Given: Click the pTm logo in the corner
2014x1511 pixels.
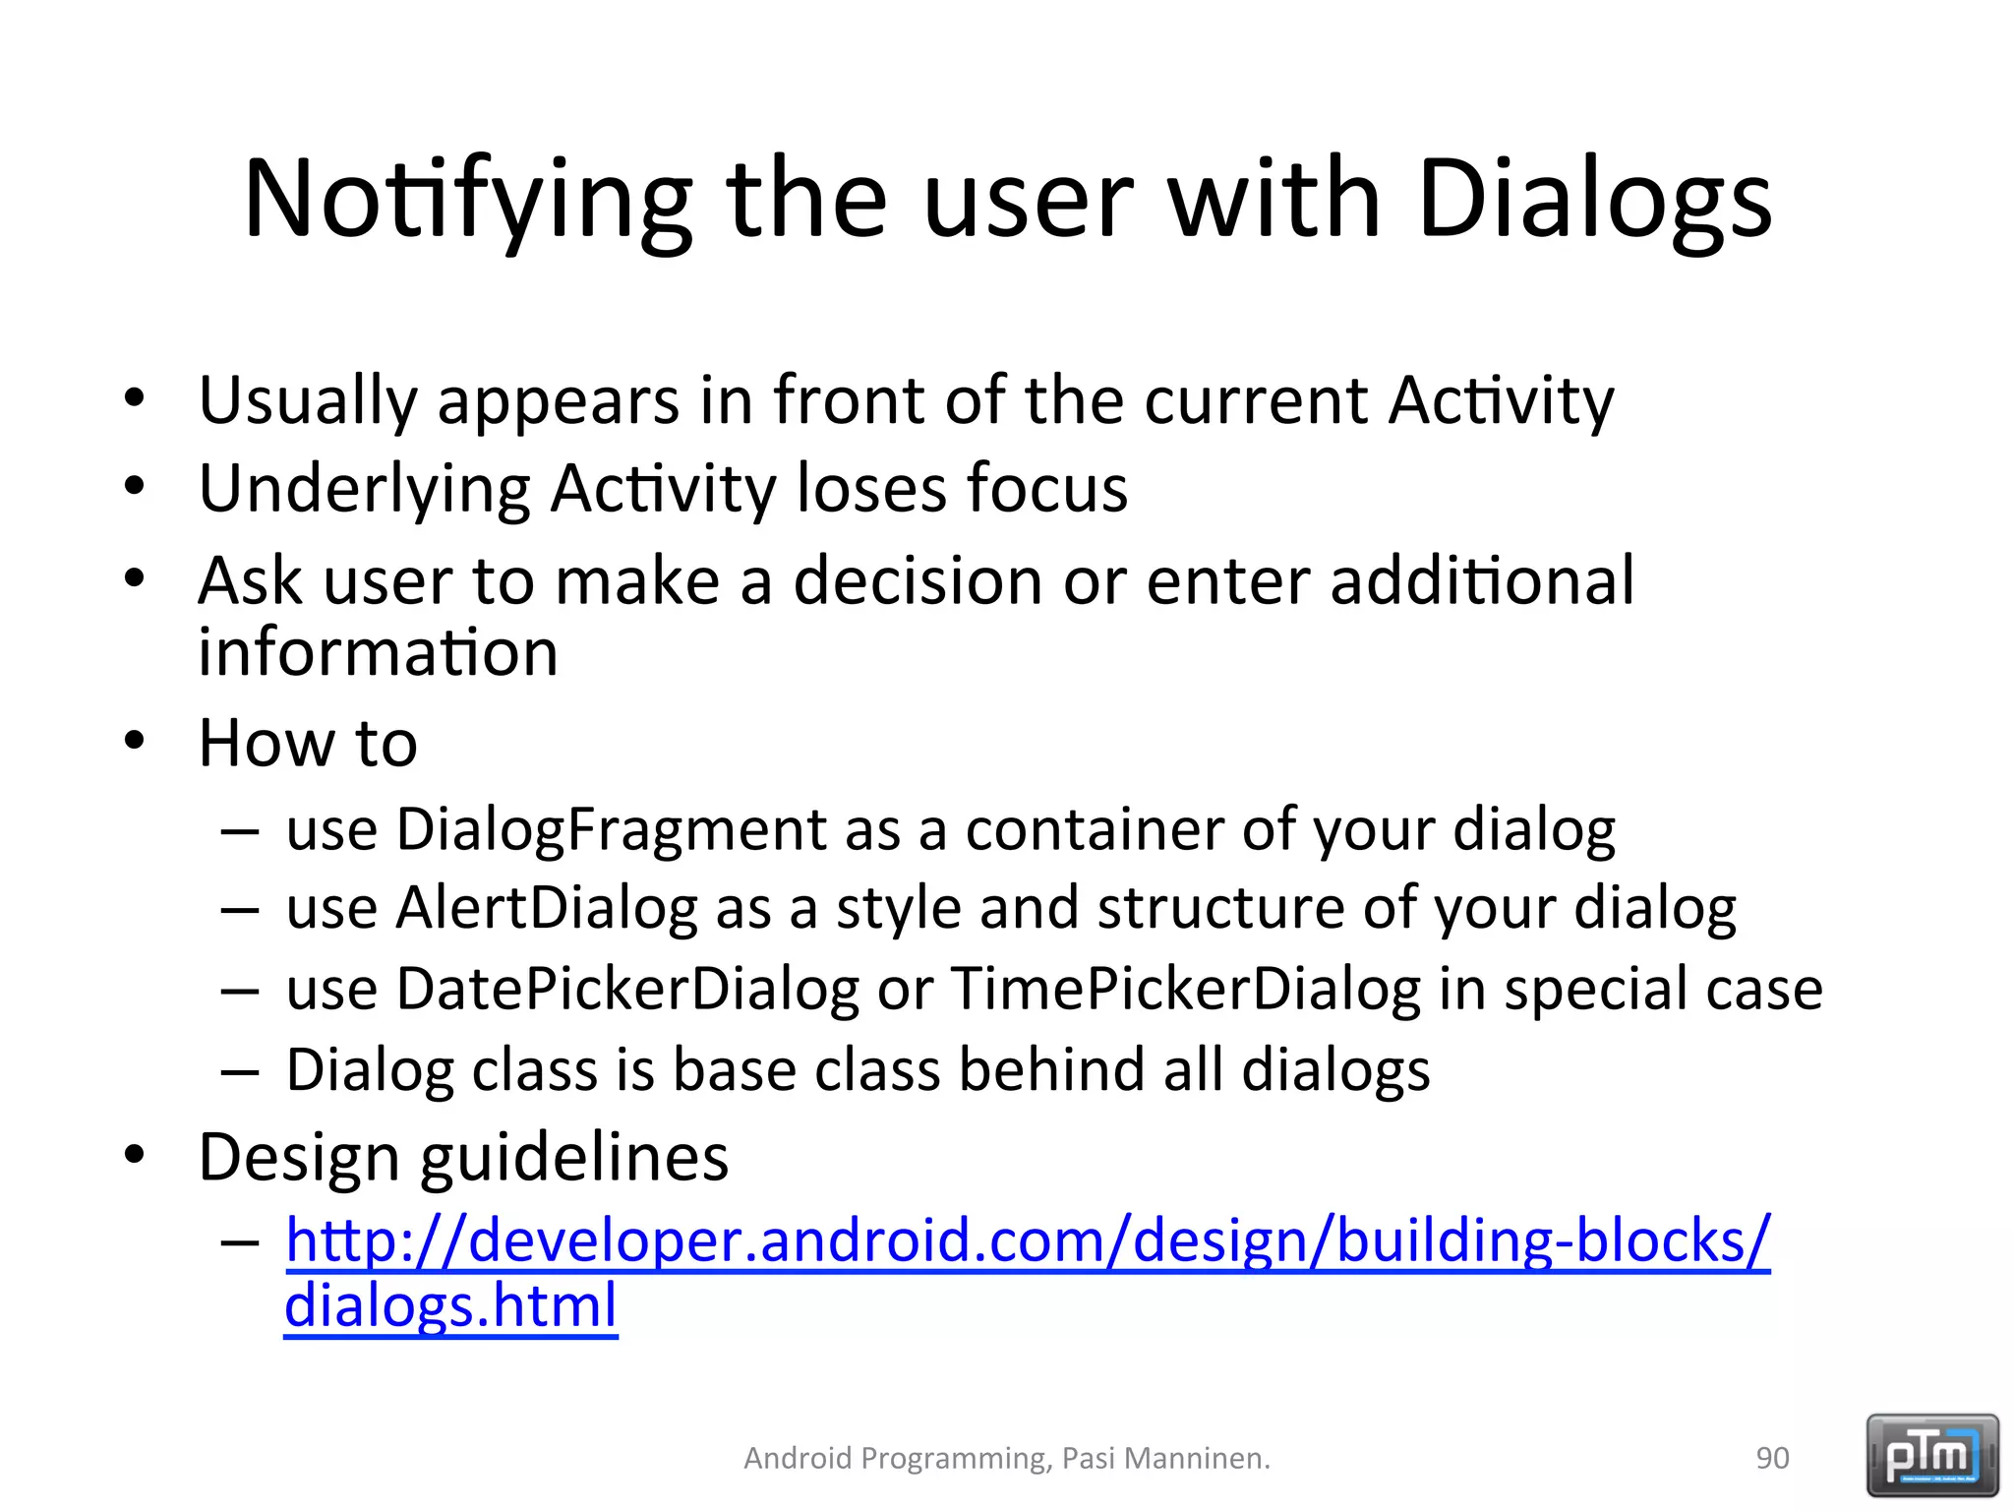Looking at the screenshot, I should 1931,1455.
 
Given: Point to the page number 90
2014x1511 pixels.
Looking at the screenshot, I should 1772,1458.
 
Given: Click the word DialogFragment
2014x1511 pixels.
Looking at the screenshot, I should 611,829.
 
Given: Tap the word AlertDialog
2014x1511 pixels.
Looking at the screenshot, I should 546,907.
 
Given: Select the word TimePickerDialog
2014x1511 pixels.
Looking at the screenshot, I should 1185,988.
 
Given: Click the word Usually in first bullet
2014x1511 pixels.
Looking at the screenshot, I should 308,401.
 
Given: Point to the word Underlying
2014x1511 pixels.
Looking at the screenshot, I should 364,489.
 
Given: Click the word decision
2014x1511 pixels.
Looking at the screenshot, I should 917,580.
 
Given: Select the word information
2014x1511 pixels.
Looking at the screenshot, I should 378,653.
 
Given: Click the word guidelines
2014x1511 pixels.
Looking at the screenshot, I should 574,1158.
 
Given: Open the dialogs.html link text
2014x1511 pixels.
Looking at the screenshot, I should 450,1306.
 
